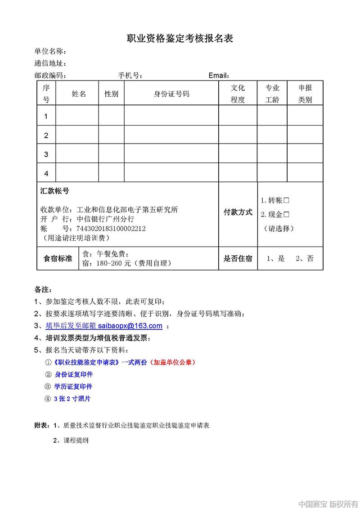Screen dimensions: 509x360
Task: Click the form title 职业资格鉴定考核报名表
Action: coord(180,39)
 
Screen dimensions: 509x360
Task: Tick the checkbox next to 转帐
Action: coord(286,200)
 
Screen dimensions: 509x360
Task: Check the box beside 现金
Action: coord(286,215)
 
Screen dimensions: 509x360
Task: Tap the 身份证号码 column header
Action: coord(171,94)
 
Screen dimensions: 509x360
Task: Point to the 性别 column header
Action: coord(111,94)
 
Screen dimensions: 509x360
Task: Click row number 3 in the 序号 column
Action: coord(46,154)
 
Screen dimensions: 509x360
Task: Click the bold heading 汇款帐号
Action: coord(55,191)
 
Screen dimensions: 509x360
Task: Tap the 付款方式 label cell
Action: coord(238,212)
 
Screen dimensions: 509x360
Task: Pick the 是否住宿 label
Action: coord(238,258)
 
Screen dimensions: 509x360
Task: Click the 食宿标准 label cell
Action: coord(58,258)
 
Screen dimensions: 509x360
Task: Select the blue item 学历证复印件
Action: coord(73,387)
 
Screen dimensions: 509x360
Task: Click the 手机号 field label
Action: coord(130,75)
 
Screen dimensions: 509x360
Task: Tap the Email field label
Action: coord(219,75)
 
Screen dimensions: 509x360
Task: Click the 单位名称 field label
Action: coord(51,51)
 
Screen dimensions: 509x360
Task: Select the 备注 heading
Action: coord(43,288)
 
